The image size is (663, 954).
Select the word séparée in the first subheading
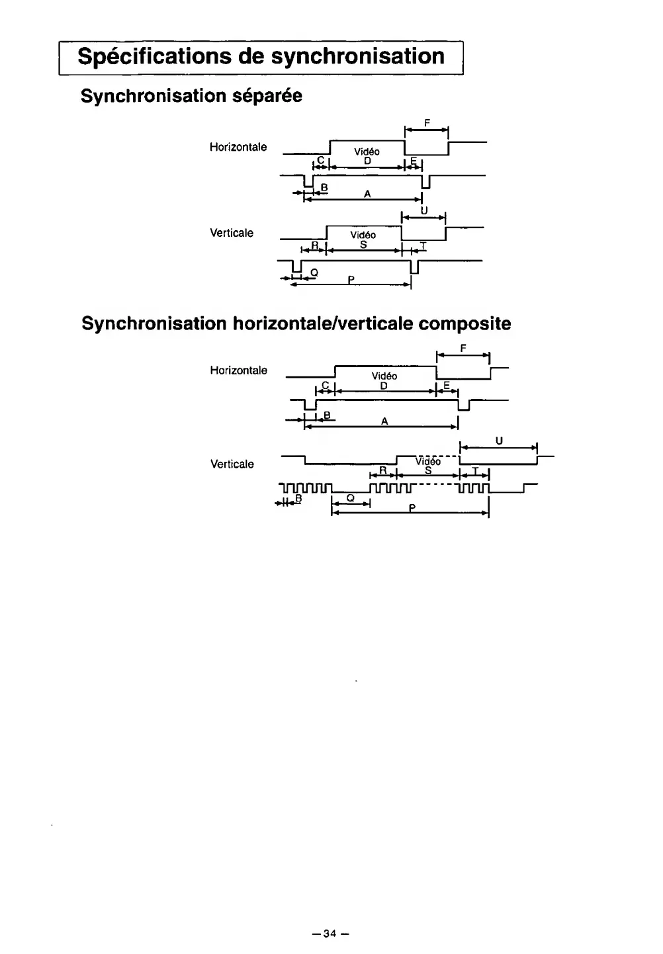pyautogui.click(x=267, y=96)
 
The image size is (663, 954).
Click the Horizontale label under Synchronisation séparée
pyautogui.click(x=238, y=147)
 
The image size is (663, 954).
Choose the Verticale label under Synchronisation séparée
pyautogui.click(x=232, y=233)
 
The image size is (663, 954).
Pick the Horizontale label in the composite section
pyautogui.click(x=238, y=370)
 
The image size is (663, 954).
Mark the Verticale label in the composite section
pyautogui.click(x=232, y=464)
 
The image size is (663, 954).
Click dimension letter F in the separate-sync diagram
pyautogui.click(x=427, y=122)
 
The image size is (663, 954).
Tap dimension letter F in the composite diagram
pyautogui.click(x=463, y=347)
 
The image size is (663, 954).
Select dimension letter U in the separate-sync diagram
pyautogui.click(x=424, y=210)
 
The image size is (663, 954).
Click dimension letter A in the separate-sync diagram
pyautogui.click(x=367, y=194)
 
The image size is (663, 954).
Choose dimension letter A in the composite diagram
pyautogui.click(x=384, y=421)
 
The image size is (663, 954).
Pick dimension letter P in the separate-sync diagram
pyautogui.click(x=352, y=280)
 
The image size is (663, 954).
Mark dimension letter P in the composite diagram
pyautogui.click(x=412, y=509)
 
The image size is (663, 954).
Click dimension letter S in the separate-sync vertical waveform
pyautogui.click(x=363, y=245)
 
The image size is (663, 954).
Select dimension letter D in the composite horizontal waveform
pyautogui.click(x=384, y=386)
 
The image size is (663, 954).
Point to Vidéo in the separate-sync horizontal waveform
pyautogui.click(x=367, y=152)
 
